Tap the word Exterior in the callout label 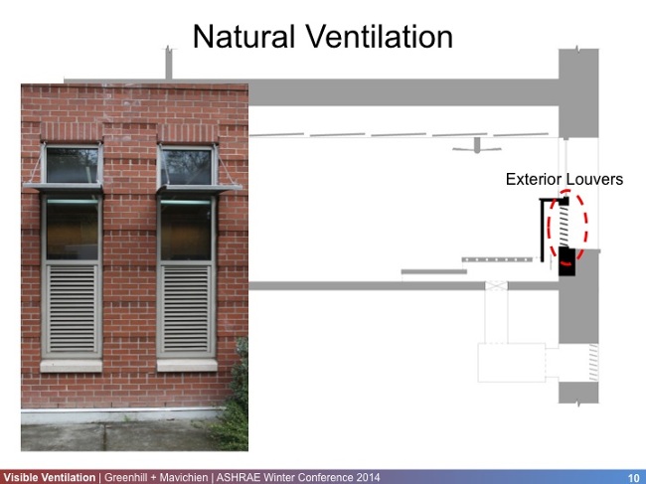pos(537,180)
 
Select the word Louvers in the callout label pos(597,180)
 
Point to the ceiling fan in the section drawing pos(477,147)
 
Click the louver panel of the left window pos(72,308)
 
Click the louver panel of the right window pos(186,308)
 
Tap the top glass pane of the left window pos(73,165)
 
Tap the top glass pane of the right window pos(186,166)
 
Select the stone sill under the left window pos(71,365)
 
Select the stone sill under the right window pos(187,365)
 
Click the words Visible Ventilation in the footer pos(49,477)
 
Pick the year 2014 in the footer pos(365,477)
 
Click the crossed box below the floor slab pos(495,286)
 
